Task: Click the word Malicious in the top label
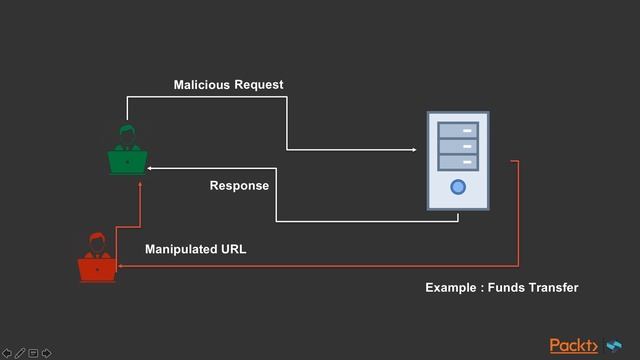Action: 201,85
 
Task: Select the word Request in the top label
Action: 259,85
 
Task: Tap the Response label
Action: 239,186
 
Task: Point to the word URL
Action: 233,249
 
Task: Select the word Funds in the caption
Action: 506,288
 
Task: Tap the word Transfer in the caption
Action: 553,288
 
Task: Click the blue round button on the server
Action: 458,187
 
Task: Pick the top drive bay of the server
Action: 458,130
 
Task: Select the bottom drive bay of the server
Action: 458,161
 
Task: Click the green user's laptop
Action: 128,161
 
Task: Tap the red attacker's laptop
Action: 97,269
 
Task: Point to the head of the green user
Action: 127,133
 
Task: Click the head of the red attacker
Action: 97,241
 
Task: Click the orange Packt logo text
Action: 573,346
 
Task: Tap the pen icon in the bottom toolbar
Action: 20,352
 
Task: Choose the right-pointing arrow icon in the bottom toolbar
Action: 47,352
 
